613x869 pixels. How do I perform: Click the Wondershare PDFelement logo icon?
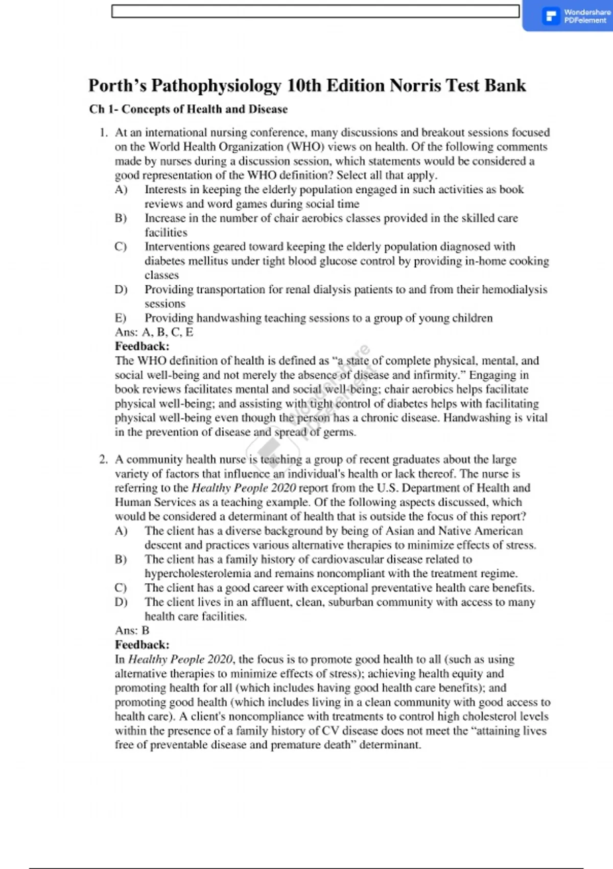[x=551, y=16]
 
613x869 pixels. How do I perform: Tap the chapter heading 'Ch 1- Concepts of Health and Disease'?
[x=188, y=109]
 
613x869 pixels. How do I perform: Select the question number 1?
[x=103, y=132]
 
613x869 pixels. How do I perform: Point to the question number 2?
[x=103, y=459]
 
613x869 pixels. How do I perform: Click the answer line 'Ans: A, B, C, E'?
[x=154, y=332]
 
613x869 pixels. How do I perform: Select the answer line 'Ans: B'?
[x=132, y=630]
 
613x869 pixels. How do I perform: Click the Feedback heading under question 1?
[x=142, y=346]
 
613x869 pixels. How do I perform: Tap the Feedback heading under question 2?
[x=142, y=645]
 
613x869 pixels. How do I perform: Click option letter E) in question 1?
[x=121, y=318]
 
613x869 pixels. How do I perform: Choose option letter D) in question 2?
[x=121, y=602]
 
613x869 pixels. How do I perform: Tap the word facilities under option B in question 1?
[x=166, y=233]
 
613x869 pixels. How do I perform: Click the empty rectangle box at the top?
[x=315, y=11]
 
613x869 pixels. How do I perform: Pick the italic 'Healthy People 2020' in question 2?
[x=243, y=488]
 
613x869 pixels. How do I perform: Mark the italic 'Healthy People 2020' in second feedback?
[x=180, y=659]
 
